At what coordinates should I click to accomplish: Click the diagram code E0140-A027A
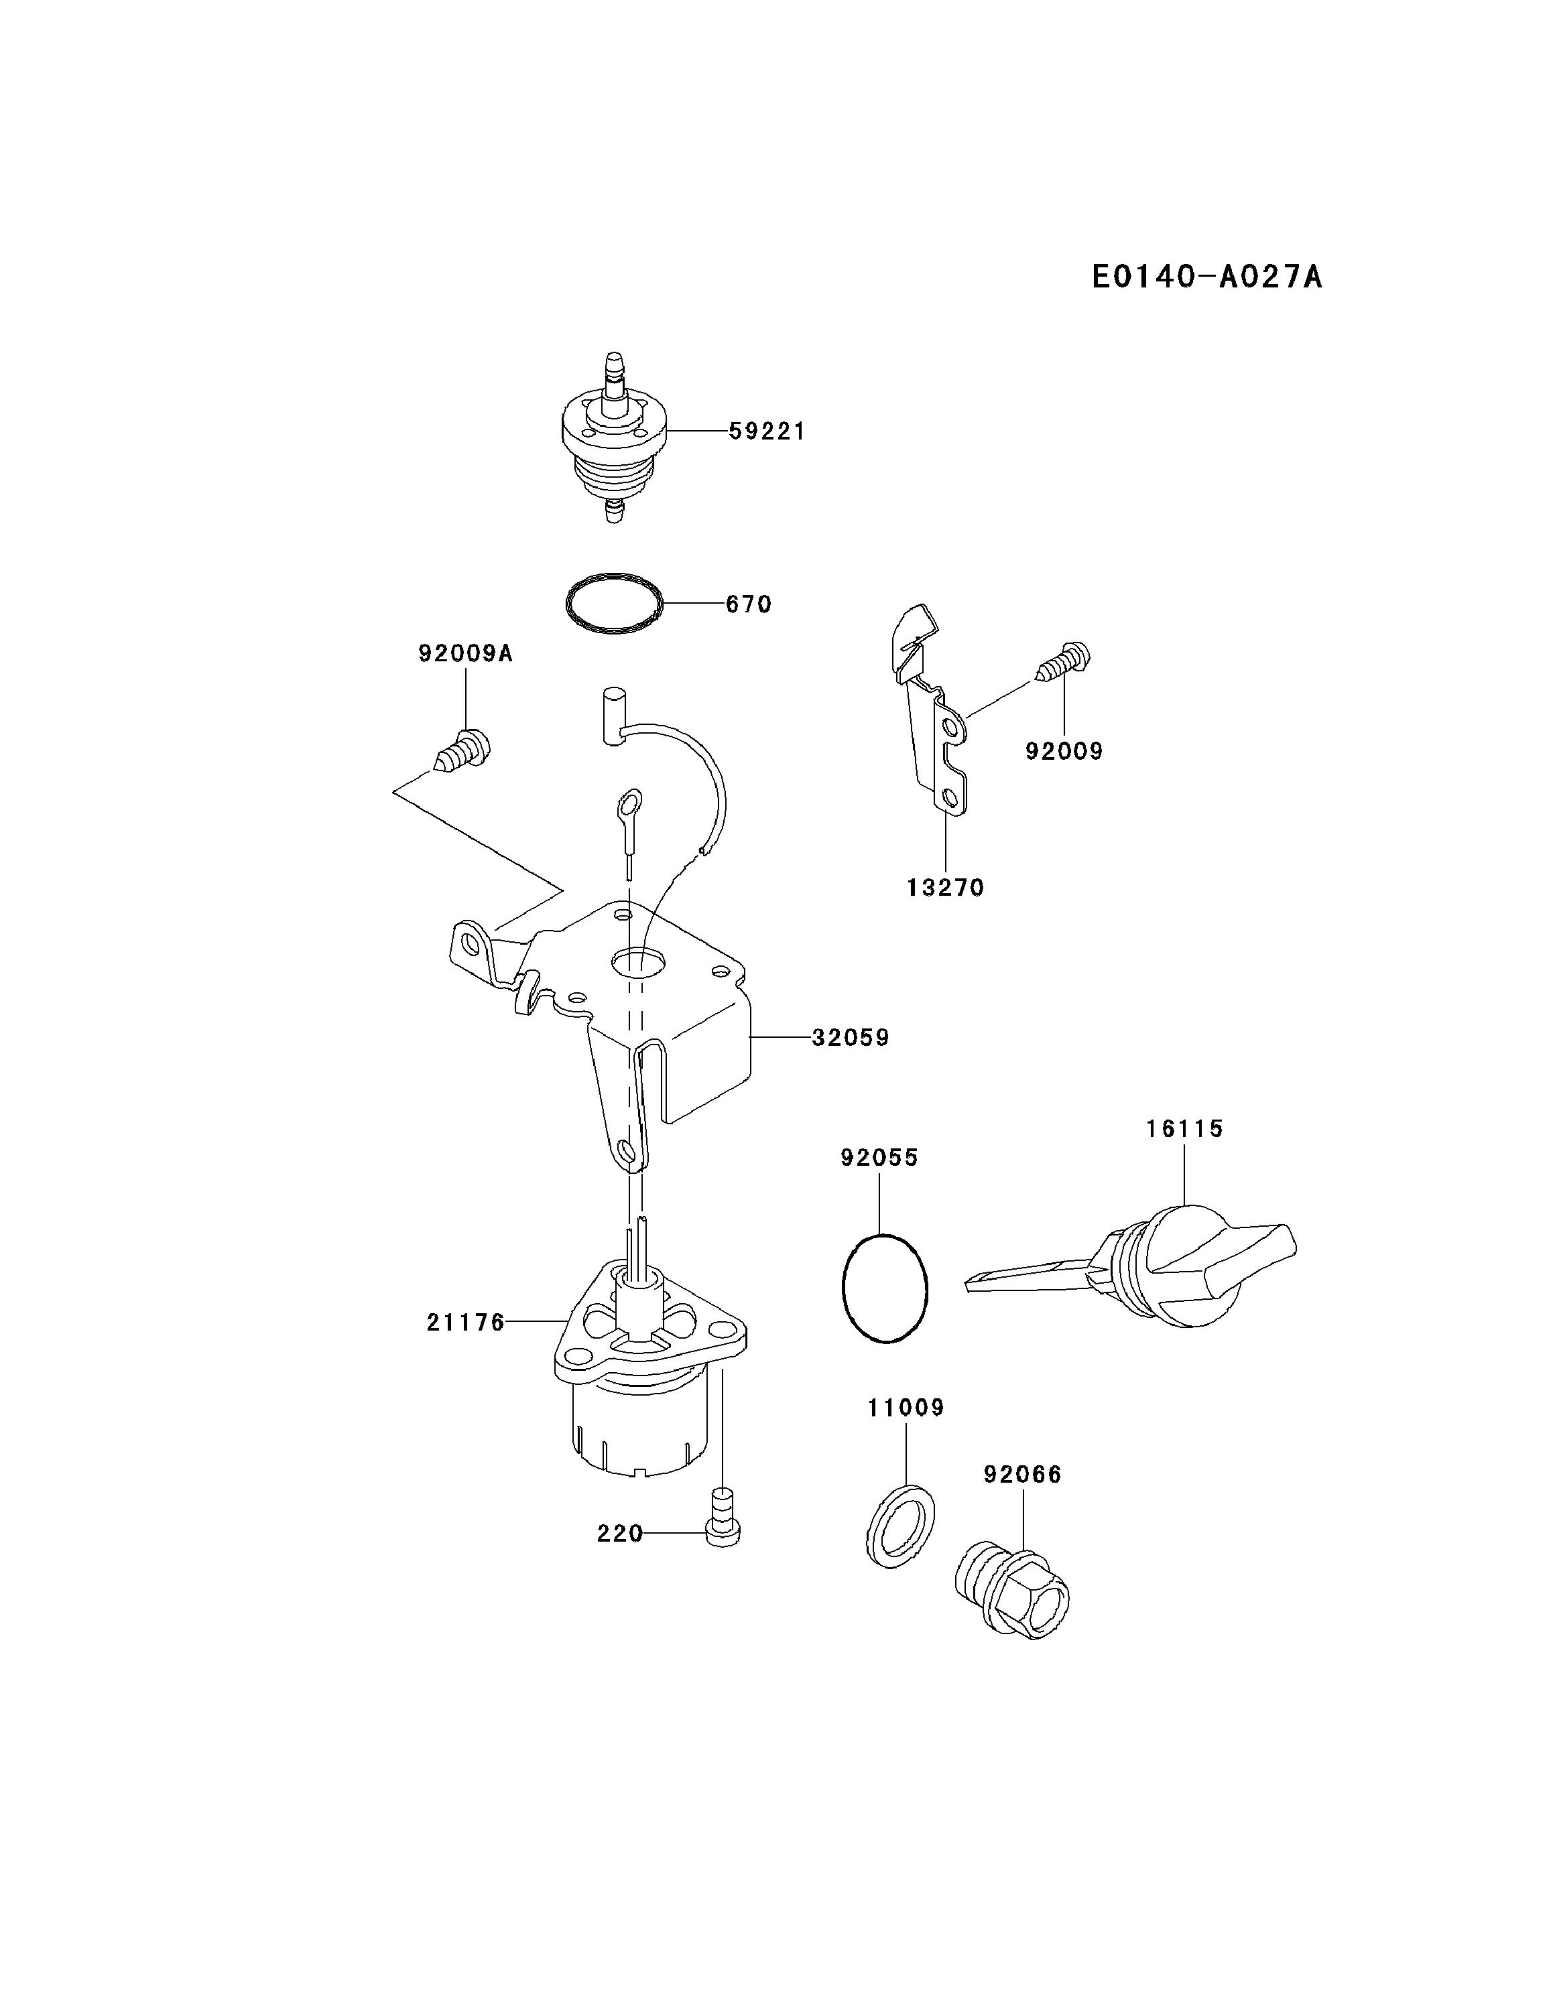point(1206,276)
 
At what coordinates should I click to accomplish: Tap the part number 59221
point(767,431)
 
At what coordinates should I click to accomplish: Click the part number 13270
point(946,888)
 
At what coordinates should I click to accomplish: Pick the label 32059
point(851,1038)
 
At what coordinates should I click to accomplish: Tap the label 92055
point(879,1158)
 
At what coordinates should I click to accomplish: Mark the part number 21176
point(466,1323)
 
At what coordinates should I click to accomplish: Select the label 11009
point(906,1408)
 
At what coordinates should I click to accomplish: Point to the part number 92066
point(1022,1475)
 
